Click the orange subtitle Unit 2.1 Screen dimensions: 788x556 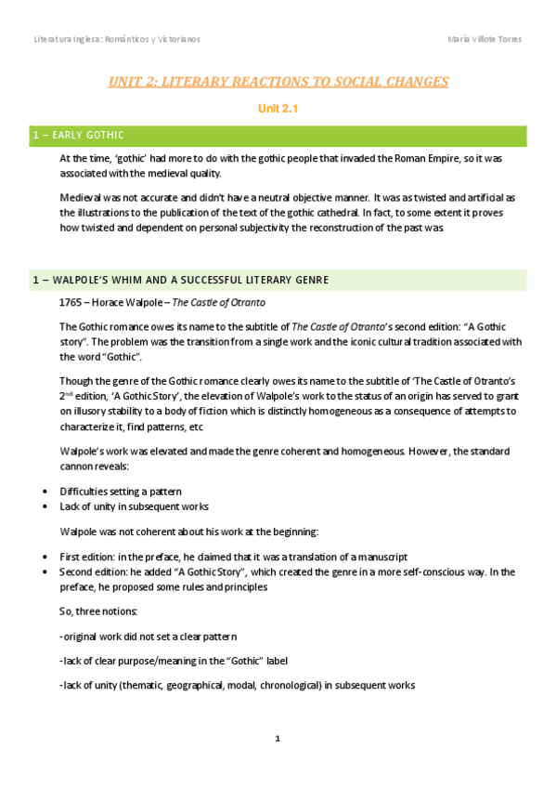click(x=278, y=109)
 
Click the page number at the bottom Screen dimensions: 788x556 click(x=277, y=739)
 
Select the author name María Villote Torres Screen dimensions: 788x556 click(x=484, y=39)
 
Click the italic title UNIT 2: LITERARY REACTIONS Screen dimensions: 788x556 click(x=278, y=82)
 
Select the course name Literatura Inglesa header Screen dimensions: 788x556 click(x=116, y=39)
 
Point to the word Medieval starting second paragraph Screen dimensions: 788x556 click(x=81, y=198)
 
